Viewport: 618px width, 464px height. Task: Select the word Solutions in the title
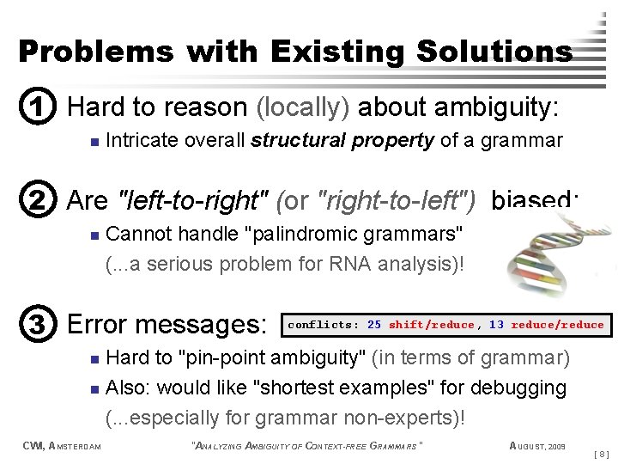(x=494, y=52)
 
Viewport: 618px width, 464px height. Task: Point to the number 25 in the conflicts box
(x=374, y=325)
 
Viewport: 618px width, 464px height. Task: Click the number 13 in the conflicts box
(x=496, y=325)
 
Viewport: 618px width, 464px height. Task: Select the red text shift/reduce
(x=431, y=325)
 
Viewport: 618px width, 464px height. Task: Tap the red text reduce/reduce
(x=557, y=325)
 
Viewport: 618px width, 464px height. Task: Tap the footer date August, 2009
(x=537, y=445)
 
